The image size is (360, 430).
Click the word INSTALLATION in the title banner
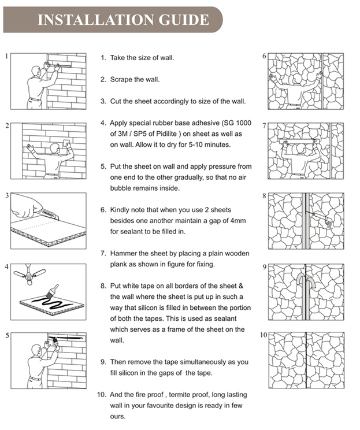tap(96, 20)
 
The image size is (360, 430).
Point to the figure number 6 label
tap(264, 56)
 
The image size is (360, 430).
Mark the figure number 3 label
tap(7, 195)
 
